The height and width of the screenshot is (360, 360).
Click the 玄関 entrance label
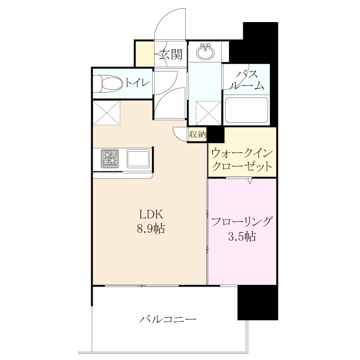pos(171,55)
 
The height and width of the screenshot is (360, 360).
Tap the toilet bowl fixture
pos(108,84)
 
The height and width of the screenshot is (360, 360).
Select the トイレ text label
pos(137,83)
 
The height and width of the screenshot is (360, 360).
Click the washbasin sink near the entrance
pos(205,51)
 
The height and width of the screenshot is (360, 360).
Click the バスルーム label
pos(248,80)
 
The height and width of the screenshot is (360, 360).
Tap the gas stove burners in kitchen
pos(110,158)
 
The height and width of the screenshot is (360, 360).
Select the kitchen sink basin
pos(138,158)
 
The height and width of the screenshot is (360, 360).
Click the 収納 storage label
pos(197,134)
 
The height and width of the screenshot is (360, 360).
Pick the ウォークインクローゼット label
pos(242,160)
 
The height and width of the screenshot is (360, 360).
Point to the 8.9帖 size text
pos(151,228)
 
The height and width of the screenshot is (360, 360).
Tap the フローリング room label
pos(242,222)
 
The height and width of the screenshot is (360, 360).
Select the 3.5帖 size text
pos(242,237)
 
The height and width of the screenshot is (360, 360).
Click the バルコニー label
pos(168,319)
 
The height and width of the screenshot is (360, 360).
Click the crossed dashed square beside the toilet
pos(107,113)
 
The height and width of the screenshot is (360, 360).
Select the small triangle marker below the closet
pos(250,181)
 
